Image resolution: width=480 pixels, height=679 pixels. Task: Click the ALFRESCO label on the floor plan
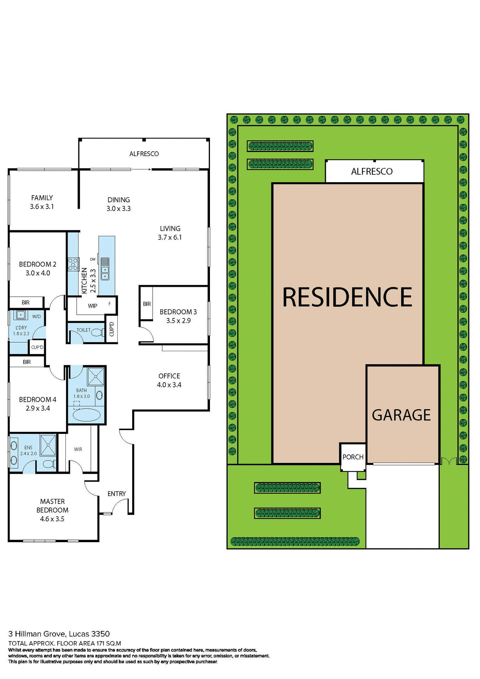(x=144, y=154)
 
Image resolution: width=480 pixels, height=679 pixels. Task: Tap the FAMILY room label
(x=42, y=198)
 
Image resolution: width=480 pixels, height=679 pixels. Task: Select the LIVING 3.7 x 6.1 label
(x=170, y=233)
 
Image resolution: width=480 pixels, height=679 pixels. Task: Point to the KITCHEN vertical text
(x=84, y=280)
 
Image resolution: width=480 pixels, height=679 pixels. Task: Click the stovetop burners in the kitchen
(x=73, y=265)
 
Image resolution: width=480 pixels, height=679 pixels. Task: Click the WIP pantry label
(x=93, y=306)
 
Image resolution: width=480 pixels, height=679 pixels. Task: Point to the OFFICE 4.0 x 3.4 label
(x=169, y=381)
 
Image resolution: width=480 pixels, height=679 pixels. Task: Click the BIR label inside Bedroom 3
(x=147, y=304)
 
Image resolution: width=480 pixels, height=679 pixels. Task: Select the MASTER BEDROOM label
(x=52, y=506)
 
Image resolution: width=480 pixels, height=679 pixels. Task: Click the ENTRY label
(x=117, y=494)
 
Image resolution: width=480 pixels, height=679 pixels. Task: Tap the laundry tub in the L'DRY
(x=21, y=314)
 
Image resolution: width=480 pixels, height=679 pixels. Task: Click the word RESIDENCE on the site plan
(x=347, y=297)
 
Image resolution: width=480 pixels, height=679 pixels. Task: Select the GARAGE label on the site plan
(x=401, y=415)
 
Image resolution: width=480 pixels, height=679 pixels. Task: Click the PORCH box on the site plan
(x=353, y=457)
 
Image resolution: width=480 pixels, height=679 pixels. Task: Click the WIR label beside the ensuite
(x=78, y=449)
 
